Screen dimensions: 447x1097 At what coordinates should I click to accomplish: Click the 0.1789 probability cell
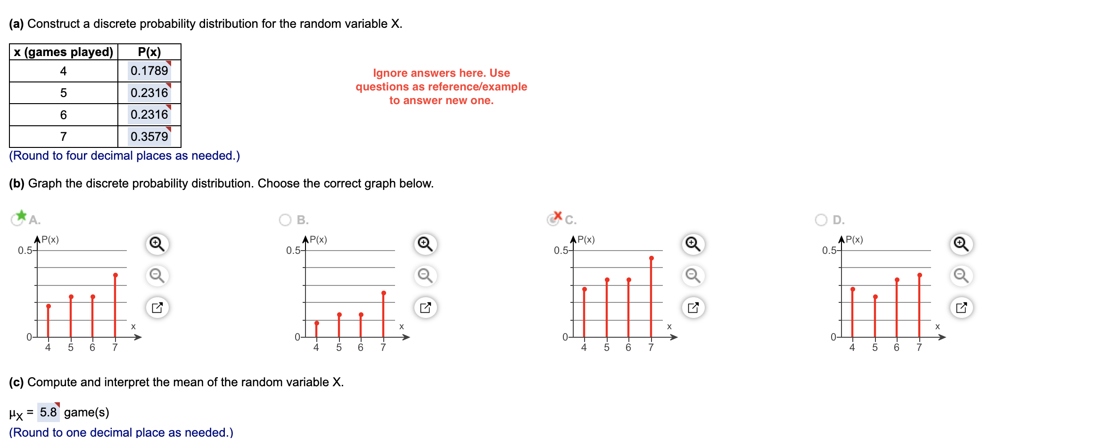[149, 71]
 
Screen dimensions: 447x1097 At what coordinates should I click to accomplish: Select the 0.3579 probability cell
[149, 137]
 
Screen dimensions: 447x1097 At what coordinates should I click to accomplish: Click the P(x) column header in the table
[149, 52]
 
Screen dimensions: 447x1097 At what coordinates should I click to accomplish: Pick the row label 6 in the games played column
[63, 115]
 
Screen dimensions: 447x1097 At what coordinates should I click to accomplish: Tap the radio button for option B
[285, 220]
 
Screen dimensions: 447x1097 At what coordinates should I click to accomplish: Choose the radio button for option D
[821, 220]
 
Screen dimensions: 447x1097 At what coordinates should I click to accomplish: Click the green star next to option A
[21, 216]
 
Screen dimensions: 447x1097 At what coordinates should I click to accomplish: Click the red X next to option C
[558, 216]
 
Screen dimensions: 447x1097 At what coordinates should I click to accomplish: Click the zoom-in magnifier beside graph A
[157, 244]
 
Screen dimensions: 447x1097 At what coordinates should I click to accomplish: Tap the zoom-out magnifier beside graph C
[693, 276]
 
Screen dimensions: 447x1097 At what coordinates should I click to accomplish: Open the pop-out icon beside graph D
[961, 308]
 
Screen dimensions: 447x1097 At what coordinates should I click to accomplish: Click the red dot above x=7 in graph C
[652, 258]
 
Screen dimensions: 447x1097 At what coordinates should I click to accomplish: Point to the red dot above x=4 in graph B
[317, 323]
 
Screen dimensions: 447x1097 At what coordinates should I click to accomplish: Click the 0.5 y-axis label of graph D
[829, 250]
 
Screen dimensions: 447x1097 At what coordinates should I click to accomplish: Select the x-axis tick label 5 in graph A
[71, 348]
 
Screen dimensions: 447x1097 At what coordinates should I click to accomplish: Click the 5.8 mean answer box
[48, 412]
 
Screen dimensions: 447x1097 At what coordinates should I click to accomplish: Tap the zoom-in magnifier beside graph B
[425, 244]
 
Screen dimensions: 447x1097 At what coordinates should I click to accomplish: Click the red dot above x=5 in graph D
[875, 297]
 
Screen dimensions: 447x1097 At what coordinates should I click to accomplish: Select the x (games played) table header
[63, 52]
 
